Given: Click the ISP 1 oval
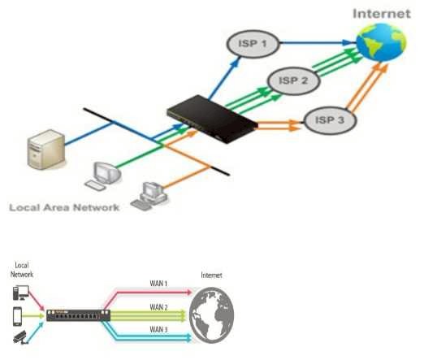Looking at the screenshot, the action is pos(253,44).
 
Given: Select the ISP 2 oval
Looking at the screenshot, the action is pos(293,81).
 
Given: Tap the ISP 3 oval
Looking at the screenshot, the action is pos(330,120).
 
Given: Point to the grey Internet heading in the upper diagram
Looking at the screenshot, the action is pos(382,14).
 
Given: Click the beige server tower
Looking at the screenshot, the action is pos(46,150).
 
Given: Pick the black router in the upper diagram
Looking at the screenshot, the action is pos(212,119).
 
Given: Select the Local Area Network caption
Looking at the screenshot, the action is pos(64,207).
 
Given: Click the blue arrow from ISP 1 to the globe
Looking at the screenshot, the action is pos(318,43).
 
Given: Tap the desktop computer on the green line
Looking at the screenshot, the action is pos(103,176).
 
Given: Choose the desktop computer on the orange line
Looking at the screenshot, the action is pos(149,196).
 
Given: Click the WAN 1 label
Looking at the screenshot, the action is pos(158,284).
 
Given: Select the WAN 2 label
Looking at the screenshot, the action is pos(158,307).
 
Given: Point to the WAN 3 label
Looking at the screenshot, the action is pos(158,329).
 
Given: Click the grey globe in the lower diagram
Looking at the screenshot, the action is pos(211,315).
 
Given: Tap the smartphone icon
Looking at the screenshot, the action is pos(17,316).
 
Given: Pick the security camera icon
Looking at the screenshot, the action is pos(20,338).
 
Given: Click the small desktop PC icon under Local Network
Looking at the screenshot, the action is pos(21,293).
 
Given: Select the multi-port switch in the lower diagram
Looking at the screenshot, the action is pos(78,315).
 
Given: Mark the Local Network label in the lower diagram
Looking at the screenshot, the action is pos(22,270).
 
